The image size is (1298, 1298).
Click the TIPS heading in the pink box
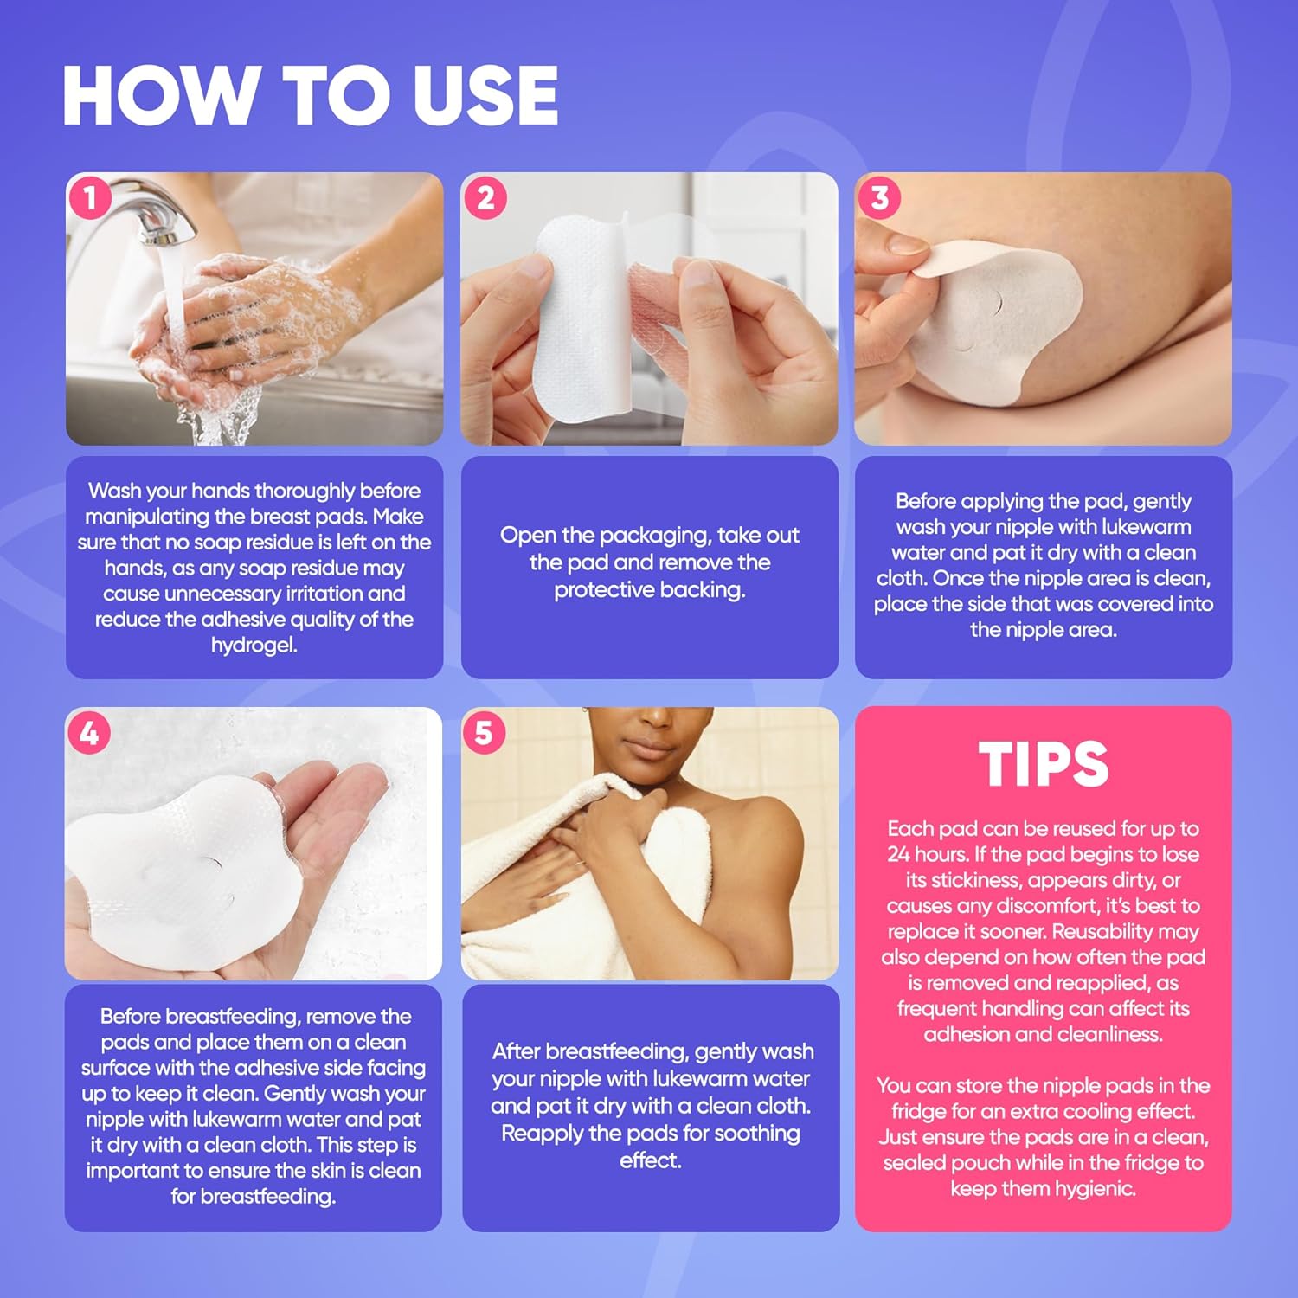[x=1044, y=764]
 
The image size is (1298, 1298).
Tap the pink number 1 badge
[x=90, y=198]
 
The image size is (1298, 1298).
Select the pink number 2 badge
[x=485, y=198]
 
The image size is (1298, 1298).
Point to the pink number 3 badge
[x=879, y=198]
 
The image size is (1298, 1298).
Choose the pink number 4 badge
[x=89, y=733]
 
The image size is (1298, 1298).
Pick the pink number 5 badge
[x=484, y=733]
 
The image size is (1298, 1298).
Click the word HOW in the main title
[x=161, y=95]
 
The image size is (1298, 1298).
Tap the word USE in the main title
[x=485, y=95]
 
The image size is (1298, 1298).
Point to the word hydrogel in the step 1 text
[x=254, y=646]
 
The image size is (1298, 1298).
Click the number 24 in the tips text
[x=901, y=855]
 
